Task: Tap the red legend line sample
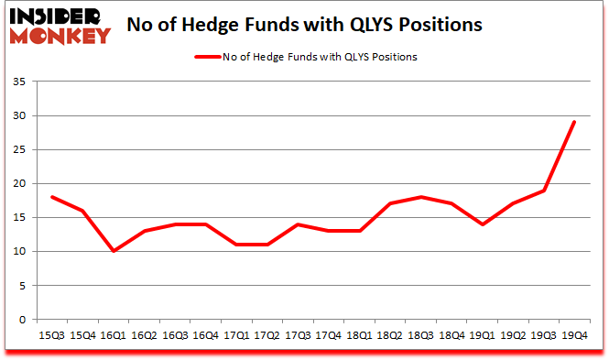(208, 57)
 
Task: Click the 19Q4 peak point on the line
(574, 122)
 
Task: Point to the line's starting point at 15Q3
(52, 197)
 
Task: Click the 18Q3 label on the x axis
(420, 337)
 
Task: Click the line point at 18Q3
(420, 197)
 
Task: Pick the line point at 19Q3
(544, 190)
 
